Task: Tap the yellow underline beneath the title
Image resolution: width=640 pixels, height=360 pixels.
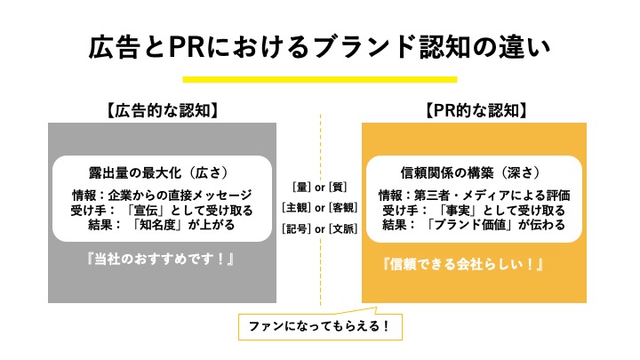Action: (320, 80)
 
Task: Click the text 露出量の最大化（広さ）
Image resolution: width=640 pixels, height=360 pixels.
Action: (162, 172)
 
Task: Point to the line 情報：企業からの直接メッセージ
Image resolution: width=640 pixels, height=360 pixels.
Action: (162, 196)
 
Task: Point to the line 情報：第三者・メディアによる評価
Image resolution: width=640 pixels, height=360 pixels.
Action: (474, 196)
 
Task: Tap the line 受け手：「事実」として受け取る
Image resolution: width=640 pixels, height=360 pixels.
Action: (473, 210)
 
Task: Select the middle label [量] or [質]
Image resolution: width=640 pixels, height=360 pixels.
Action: (319, 187)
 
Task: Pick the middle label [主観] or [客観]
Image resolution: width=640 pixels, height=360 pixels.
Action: (319, 208)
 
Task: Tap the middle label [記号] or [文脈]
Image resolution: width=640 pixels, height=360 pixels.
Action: (319, 228)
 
